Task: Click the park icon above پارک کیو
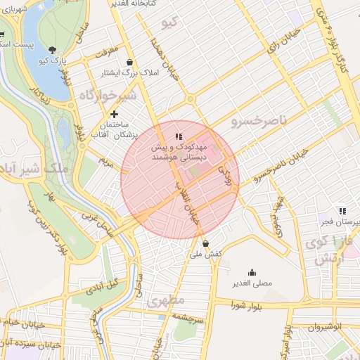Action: (54, 49)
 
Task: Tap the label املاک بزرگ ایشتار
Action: (129, 72)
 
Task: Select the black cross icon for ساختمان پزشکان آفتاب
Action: (115, 114)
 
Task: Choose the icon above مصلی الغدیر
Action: (252, 273)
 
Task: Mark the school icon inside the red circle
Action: (179, 136)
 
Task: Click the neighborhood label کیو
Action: (170, 24)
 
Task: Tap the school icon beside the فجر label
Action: (342, 210)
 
